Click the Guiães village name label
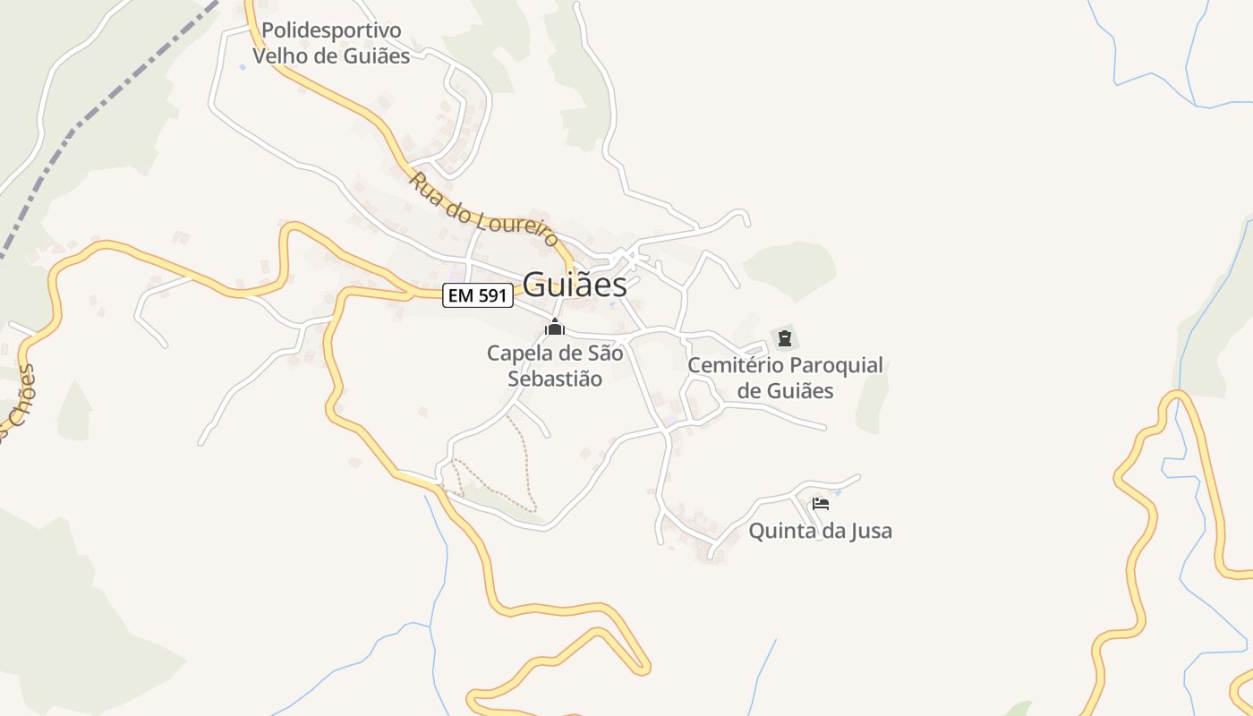pyautogui.click(x=575, y=285)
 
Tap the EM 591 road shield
pyautogui.click(x=478, y=295)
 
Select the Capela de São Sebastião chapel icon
pyautogui.click(x=555, y=328)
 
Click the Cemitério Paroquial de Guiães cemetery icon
pyautogui.click(x=785, y=338)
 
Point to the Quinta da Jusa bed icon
pyautogui.click(x=820, y=504)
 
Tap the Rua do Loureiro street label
pyautogui.click(x=484, y=209)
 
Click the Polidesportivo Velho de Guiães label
pyautogui.click(x=331, y=43)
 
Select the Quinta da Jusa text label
pyautogui.click(x=820, y=531)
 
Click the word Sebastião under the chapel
pyautogui.click(x=555, y=379)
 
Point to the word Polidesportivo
pyautogui.click(x=331, y=30)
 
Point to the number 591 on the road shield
pyautogui.click(x=492, y=295)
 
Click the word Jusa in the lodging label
pyautogui.click(x=872, y=531)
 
